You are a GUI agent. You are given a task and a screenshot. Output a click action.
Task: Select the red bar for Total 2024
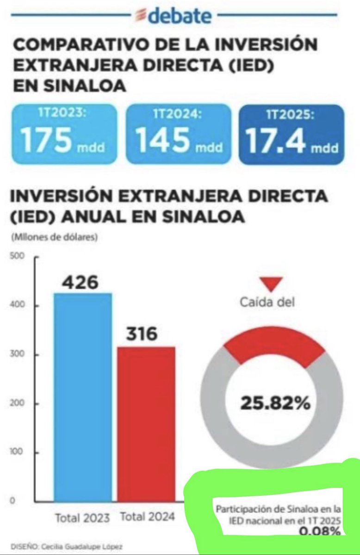[146, 423]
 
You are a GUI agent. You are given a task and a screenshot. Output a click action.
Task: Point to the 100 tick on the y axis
[16, 452]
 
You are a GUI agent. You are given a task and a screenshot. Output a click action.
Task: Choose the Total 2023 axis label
[82, 517]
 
